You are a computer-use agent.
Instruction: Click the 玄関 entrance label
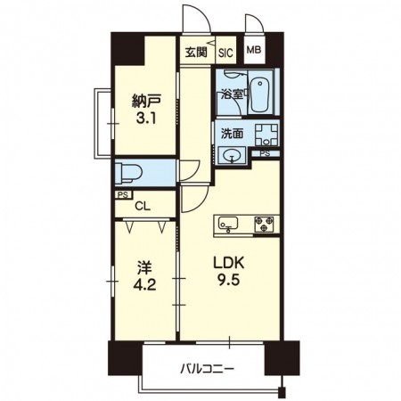(x=196, y=53)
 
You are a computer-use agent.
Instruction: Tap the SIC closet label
(x=225, y=53)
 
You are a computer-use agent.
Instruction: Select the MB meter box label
(x=254, y=50)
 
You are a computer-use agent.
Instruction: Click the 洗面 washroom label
(x=232, y=134)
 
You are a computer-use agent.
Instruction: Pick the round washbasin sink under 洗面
(x=232, y=155)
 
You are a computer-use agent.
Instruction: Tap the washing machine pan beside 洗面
(x=266, y=135)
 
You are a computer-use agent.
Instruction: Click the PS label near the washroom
(x=265, y=153)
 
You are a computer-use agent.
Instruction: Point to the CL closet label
(x=143, y=206)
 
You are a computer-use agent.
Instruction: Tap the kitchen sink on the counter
(x=228, y=224)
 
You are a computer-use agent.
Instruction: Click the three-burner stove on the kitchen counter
(x=264, y=224)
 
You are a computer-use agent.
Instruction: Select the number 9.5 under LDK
(x=229, y=280)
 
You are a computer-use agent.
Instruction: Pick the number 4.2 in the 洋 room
(x=144, y=285)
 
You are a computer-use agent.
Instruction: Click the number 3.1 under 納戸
(x=146, y=119)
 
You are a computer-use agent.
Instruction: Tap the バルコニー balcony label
(x=208, y=369)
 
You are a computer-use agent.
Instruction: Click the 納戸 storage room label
(x=146, y=102)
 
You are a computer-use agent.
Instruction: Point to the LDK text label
(x=229, y=263)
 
